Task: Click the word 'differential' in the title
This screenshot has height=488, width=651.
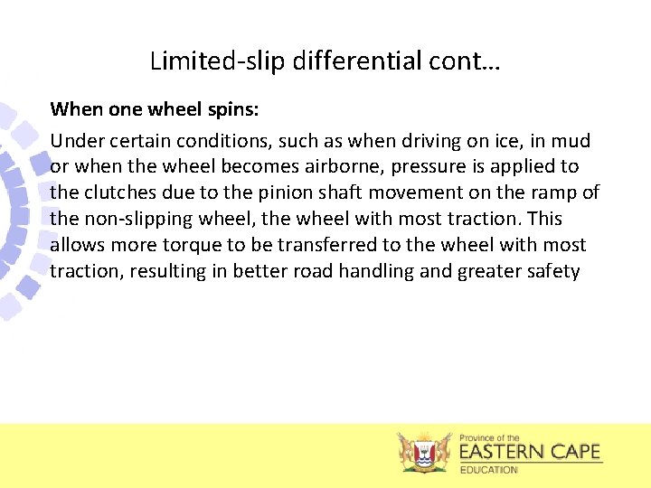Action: coord(344,61)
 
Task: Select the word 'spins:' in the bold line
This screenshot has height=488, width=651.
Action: coord(234,109)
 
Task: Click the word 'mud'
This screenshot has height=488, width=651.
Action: coord(573,141)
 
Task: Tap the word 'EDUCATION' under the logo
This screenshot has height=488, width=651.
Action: coord(489,470)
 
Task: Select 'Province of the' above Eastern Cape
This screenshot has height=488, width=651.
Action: coord(490,437)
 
